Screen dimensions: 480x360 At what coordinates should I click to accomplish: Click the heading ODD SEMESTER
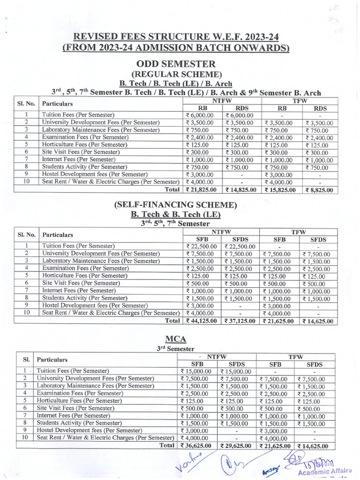tap(176, 64)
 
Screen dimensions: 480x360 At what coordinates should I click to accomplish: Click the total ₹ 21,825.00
tap(201, 190)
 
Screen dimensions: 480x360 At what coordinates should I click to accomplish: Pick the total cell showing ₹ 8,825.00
tap(317, 190)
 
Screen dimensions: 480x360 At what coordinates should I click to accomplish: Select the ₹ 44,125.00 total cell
tap(201, 321)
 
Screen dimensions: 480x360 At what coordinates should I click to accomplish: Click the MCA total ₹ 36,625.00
tap(195, 446)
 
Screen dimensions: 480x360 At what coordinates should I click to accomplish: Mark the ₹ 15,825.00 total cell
tap(279, 190)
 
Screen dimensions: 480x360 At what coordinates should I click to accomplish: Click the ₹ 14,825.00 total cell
tap(240, 190)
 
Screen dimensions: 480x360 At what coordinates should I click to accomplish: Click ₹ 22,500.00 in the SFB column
tap(201, 246)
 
